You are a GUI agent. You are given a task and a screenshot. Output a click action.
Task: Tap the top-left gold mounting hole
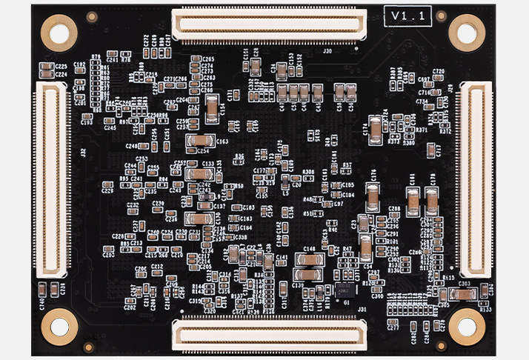(59, 32)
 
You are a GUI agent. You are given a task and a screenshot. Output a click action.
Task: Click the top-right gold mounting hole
(468, 33)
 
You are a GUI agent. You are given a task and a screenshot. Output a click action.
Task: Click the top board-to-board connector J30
(269, 25)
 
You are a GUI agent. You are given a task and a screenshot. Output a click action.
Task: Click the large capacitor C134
(199, 219)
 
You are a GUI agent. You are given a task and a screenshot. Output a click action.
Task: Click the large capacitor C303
(465, 294)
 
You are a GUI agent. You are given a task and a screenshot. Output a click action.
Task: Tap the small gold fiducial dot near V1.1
(442, 14)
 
